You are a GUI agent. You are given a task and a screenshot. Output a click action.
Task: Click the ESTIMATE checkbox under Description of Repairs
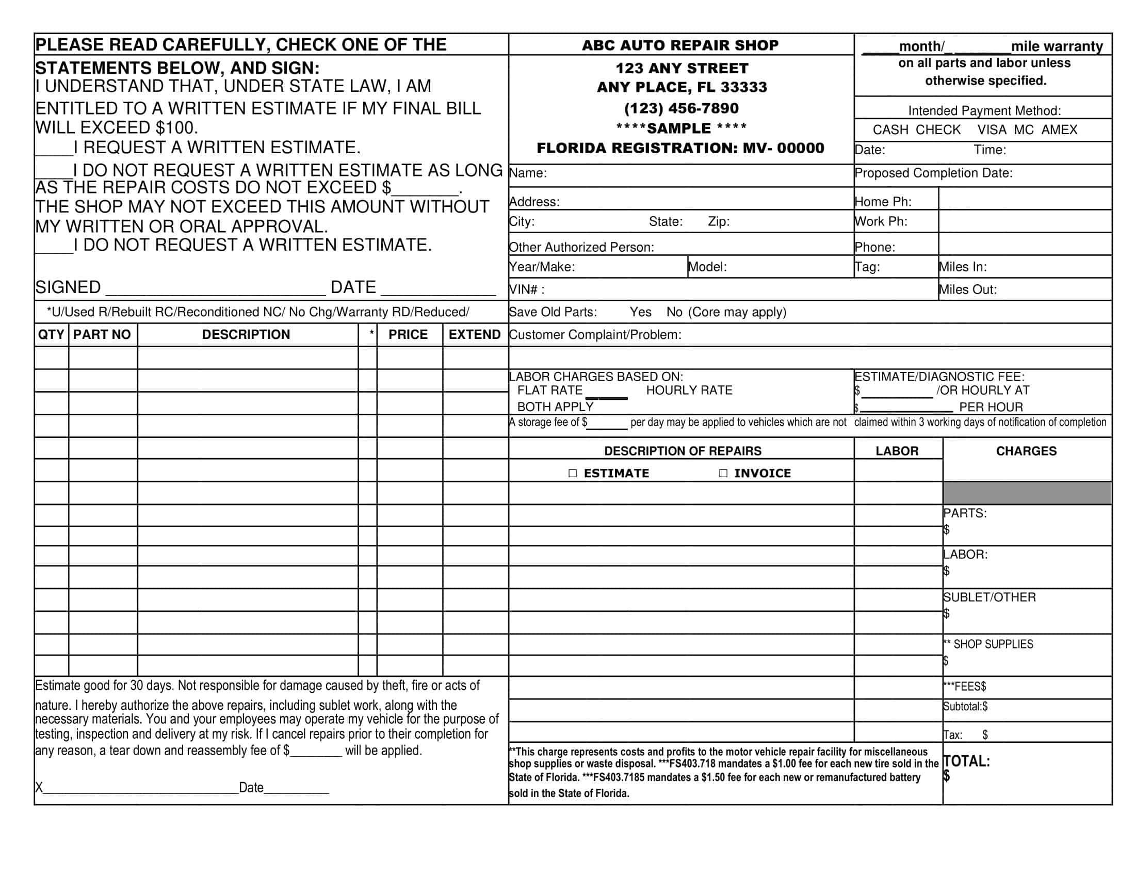point(573,473)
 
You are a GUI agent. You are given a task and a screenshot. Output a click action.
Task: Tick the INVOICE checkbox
point(723,473)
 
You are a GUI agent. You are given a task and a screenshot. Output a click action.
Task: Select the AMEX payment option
point(1059,130)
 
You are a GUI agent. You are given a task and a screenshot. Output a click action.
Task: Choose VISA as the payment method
point(992,130)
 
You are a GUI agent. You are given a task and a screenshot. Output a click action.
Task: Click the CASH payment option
point(890,130)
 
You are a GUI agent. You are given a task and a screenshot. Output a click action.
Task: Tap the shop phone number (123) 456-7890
point(682,108)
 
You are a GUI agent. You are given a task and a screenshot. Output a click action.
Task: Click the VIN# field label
point(526,290)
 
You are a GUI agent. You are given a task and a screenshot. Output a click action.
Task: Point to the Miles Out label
point(967,290)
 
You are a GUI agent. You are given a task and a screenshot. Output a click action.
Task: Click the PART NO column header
point(102,335)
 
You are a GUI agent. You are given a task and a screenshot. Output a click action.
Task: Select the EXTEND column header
point(475,335)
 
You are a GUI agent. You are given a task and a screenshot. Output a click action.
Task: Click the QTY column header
point(51,335)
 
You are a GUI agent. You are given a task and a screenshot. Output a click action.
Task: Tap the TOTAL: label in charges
point(967,761)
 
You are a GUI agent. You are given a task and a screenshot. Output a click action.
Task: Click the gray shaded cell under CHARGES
point(1027,493)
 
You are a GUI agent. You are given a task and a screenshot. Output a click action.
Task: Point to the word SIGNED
point(68,287)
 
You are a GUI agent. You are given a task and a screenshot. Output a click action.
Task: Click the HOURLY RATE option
point(689,391)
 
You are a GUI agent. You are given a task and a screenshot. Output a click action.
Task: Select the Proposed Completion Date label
point(933,173)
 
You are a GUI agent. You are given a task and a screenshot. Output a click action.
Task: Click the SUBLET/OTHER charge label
point(990,597)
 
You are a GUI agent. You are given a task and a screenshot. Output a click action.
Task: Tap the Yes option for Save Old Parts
point(640,312)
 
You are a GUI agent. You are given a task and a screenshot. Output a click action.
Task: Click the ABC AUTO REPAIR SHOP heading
point(680,46)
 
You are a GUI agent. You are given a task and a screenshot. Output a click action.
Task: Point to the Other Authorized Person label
point(581,247)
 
